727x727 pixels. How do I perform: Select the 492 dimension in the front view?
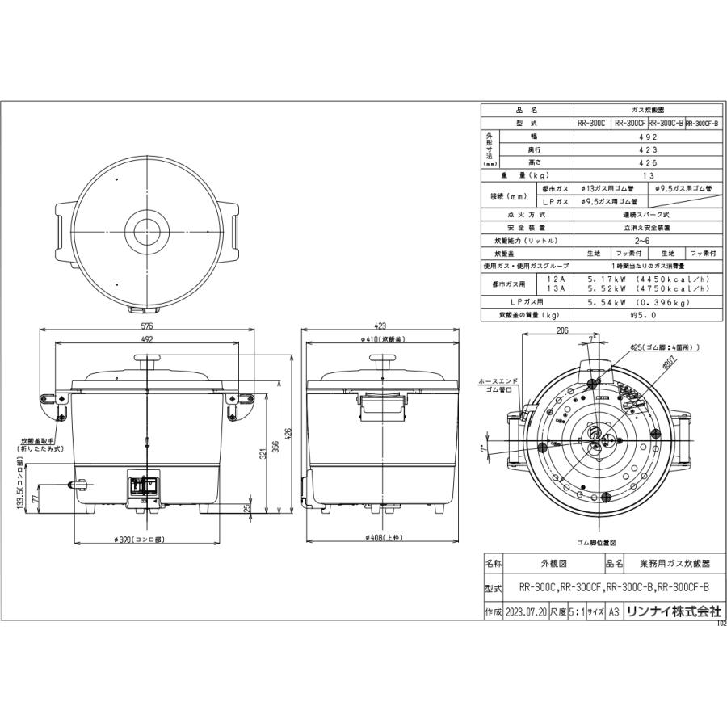coord(147,340)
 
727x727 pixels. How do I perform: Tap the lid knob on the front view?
coord(147,364)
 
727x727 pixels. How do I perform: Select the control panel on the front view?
coord(145,487)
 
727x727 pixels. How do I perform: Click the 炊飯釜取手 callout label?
coord(40,444)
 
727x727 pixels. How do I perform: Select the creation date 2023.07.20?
coord(526,611)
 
